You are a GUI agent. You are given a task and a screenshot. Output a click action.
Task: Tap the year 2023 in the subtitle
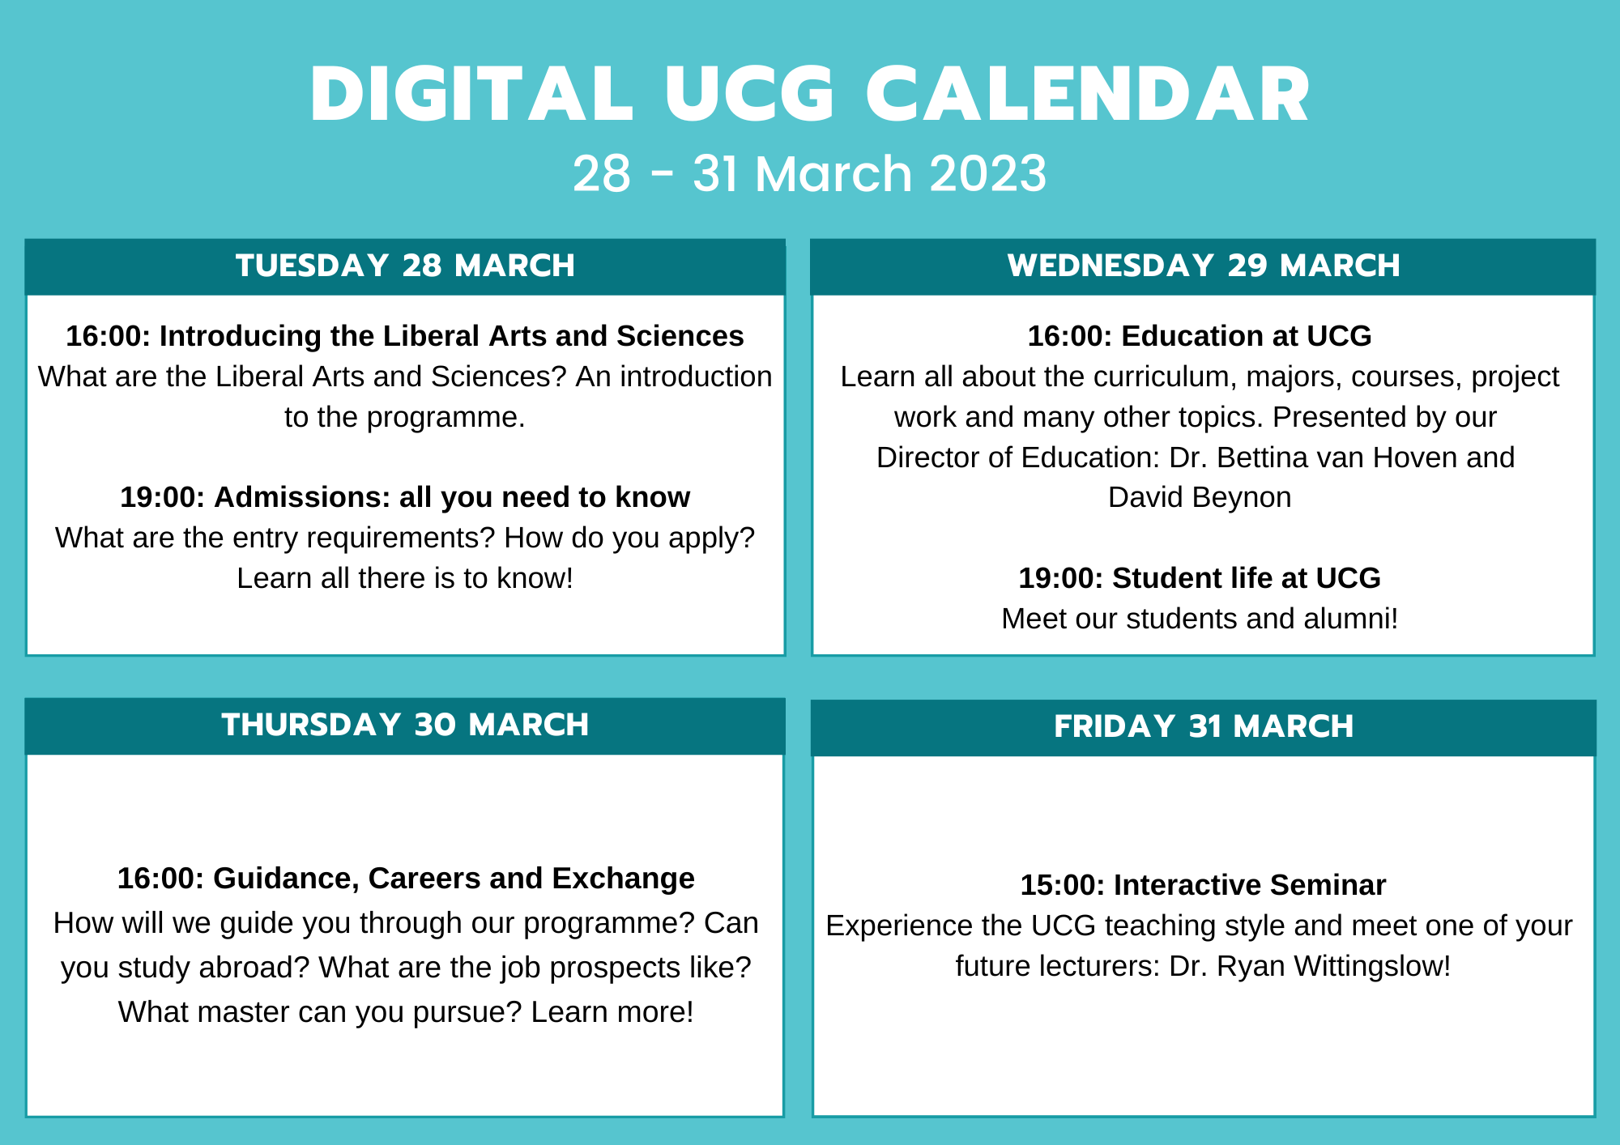point(987,173)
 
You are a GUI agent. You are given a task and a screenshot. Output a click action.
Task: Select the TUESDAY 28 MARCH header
point(405,266)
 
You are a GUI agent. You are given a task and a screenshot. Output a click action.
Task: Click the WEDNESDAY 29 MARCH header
point(1204,266)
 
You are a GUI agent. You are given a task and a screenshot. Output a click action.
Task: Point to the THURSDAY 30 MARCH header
point(405,725)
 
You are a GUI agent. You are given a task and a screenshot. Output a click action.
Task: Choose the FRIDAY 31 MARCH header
point(1204,726)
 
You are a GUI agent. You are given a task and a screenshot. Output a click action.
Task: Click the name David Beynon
point(1200,497)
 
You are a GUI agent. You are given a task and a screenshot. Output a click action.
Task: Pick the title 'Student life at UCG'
point(1246,578)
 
